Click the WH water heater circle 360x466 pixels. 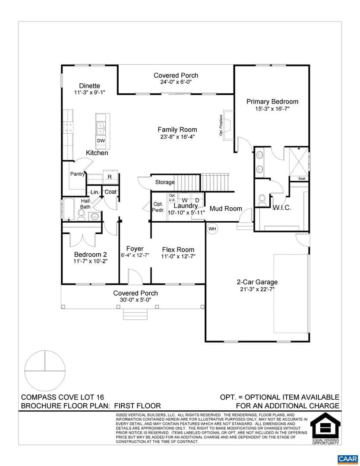(x=212, y=229)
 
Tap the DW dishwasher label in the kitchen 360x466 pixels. (x=101, y=141)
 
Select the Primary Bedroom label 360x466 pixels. (x=272, y=102)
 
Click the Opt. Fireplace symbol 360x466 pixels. (x=229, y=125)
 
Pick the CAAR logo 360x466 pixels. (x=348, y=459)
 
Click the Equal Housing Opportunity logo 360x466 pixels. (x=325, y=428)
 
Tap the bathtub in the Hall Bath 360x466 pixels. (x=68, y=210)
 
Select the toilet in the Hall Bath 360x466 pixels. (x=81, y=214)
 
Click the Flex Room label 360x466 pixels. (x=178, y=250)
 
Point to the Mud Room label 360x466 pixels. (x=226, y=209)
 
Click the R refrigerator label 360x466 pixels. (x=110, y=177)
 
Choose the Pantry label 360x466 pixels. (x=77, y=174)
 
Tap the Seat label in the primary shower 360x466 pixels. (x=302, y=179)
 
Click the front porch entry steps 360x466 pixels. (x=135, y=314)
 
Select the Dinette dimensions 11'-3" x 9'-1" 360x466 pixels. (x=89, y=92)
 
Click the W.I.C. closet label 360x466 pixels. (x=282, y=208)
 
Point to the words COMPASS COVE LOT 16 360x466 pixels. (x=63, y=397)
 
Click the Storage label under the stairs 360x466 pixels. (x=165, y=182)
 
